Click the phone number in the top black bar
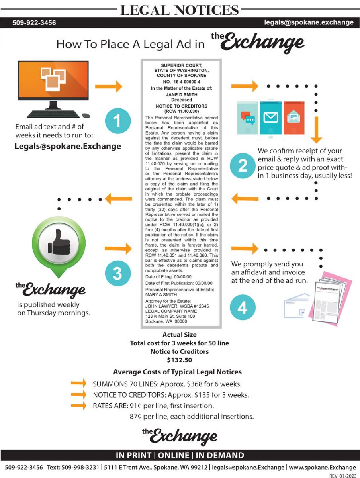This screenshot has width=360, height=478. (34, 23)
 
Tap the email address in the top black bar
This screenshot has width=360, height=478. (309, 22)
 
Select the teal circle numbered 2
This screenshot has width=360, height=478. (242, 166)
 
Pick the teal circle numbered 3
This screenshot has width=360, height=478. (117, 274)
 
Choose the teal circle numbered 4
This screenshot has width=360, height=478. (242, 308)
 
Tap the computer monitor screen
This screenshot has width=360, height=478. (53, 80)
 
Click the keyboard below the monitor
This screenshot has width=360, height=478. (53, 114)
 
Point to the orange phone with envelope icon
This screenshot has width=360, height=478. (294, 118)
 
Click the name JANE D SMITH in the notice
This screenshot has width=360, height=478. (181, 95)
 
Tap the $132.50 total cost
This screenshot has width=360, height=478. (179, 360)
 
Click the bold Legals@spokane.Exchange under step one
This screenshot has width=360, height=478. (68, 146)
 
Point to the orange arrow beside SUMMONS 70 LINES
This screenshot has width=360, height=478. (78, 384)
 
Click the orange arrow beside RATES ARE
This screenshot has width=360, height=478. (78, 406)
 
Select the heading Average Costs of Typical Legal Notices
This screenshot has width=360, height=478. (177, 372)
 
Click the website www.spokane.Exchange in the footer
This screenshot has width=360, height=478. (322, 467)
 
